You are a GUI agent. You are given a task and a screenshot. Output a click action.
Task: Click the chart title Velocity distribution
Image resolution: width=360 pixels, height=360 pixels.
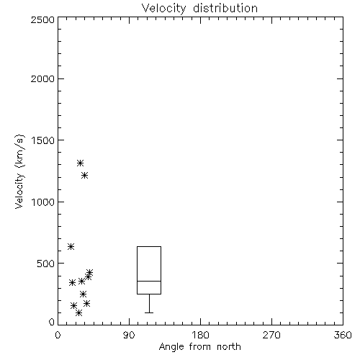point(199,9)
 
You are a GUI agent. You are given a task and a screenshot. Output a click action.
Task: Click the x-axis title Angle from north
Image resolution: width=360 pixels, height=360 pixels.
point(199,347)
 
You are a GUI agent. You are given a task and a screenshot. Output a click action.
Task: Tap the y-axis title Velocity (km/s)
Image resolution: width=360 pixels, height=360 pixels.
point(19,171)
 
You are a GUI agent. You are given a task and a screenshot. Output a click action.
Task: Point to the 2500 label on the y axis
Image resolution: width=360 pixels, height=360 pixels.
point(42,19)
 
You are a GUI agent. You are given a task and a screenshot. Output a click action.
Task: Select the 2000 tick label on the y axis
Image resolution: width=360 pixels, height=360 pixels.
point(42,78)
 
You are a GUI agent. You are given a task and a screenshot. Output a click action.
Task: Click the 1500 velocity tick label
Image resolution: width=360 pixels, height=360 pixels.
point(43,140)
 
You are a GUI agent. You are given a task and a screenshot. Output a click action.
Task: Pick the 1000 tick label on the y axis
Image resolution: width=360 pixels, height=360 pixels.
point(43,202)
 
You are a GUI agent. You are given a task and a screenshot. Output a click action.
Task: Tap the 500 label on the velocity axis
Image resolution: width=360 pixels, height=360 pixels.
point(46,264)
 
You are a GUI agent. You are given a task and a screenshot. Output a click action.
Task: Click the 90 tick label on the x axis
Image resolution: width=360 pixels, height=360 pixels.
point(129,335)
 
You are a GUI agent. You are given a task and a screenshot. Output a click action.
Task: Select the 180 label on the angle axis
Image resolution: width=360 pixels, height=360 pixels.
point(200,335)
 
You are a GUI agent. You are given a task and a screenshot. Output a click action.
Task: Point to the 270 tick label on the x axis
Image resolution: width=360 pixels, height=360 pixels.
point(271,335)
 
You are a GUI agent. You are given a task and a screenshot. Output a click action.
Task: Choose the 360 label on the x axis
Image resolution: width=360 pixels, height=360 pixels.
point(343,335)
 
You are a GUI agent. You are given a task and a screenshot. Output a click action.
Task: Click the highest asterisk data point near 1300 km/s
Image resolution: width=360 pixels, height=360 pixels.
point(80,163)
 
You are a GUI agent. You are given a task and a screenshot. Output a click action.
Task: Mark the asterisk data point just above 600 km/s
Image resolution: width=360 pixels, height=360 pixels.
point(71,246)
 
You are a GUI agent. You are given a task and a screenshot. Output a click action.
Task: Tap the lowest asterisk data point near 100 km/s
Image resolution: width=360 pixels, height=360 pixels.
point(78,312)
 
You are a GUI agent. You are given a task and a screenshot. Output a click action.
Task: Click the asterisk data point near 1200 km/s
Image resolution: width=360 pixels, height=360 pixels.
point(84,176)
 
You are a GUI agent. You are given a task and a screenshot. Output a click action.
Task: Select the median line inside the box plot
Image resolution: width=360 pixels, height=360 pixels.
point(149,281)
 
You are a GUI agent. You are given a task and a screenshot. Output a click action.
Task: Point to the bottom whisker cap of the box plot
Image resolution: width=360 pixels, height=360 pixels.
point(149,312)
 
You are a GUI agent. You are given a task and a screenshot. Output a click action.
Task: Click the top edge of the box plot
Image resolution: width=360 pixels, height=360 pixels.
point(149,246)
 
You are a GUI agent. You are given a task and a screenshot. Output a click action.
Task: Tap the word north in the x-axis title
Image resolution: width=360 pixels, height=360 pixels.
point(229,347)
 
